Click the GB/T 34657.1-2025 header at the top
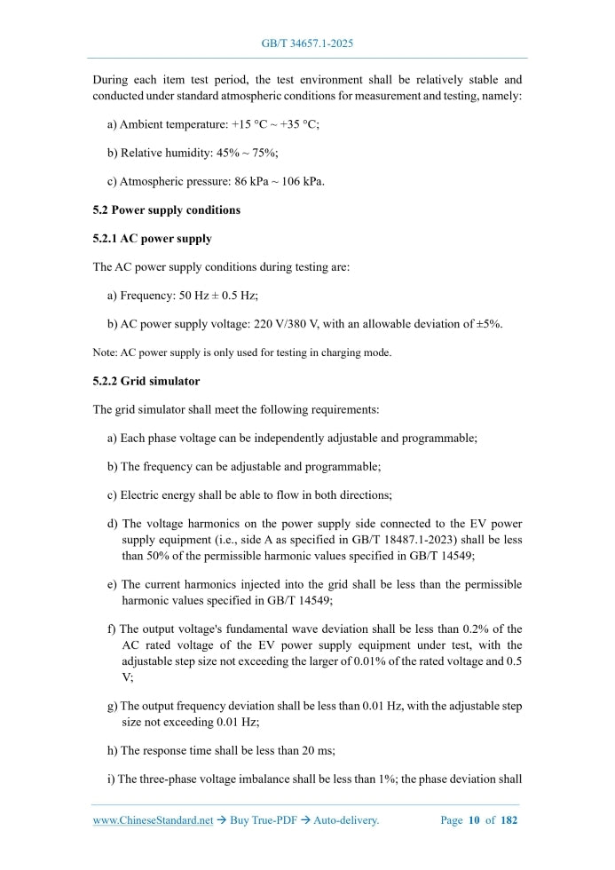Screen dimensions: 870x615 coord(307,43)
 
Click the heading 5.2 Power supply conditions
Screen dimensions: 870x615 coord(166,210)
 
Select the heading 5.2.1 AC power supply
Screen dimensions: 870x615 coord(152,239)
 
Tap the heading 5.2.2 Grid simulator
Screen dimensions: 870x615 coord(146,381)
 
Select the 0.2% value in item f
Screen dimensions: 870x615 coord(482,629)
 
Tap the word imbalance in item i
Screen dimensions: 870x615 coord(273,779)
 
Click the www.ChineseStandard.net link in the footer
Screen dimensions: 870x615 coord(153,820)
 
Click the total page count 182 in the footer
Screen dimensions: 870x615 coord(509,820)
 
